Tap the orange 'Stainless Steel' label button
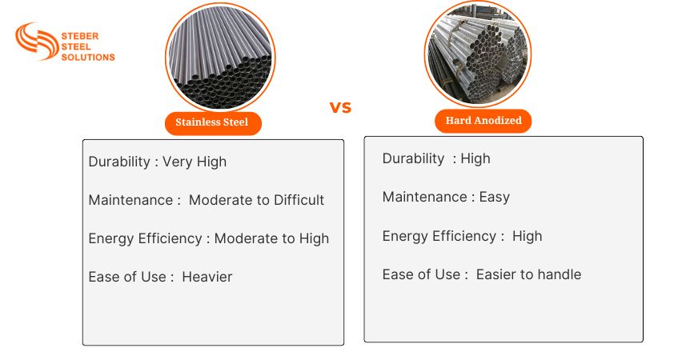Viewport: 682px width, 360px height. (x=212, y=122)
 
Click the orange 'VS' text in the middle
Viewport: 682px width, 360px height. (x=340, y=107)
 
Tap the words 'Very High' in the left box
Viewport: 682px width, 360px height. (x=195, y=162)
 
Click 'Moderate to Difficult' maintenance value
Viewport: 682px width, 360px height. (x=256, y=200)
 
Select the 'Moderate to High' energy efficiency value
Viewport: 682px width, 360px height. (x=271, y=238)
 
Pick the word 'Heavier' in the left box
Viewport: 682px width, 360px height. (x=207, y=277)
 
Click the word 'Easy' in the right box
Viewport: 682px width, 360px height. (x=494, y=197)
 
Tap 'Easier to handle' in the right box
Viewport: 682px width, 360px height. (x=528, y=274)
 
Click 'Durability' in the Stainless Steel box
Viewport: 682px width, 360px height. (x=118, y=162)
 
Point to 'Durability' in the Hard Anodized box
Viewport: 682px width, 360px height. (x=413, y=158)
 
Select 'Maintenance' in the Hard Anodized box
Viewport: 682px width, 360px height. (x=424, y=197)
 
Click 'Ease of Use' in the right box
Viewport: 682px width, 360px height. (x=421, y=274)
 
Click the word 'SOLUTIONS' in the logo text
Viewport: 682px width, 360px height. (x=88, y=57)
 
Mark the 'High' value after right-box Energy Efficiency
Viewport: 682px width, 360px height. (x=527, y=236)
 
